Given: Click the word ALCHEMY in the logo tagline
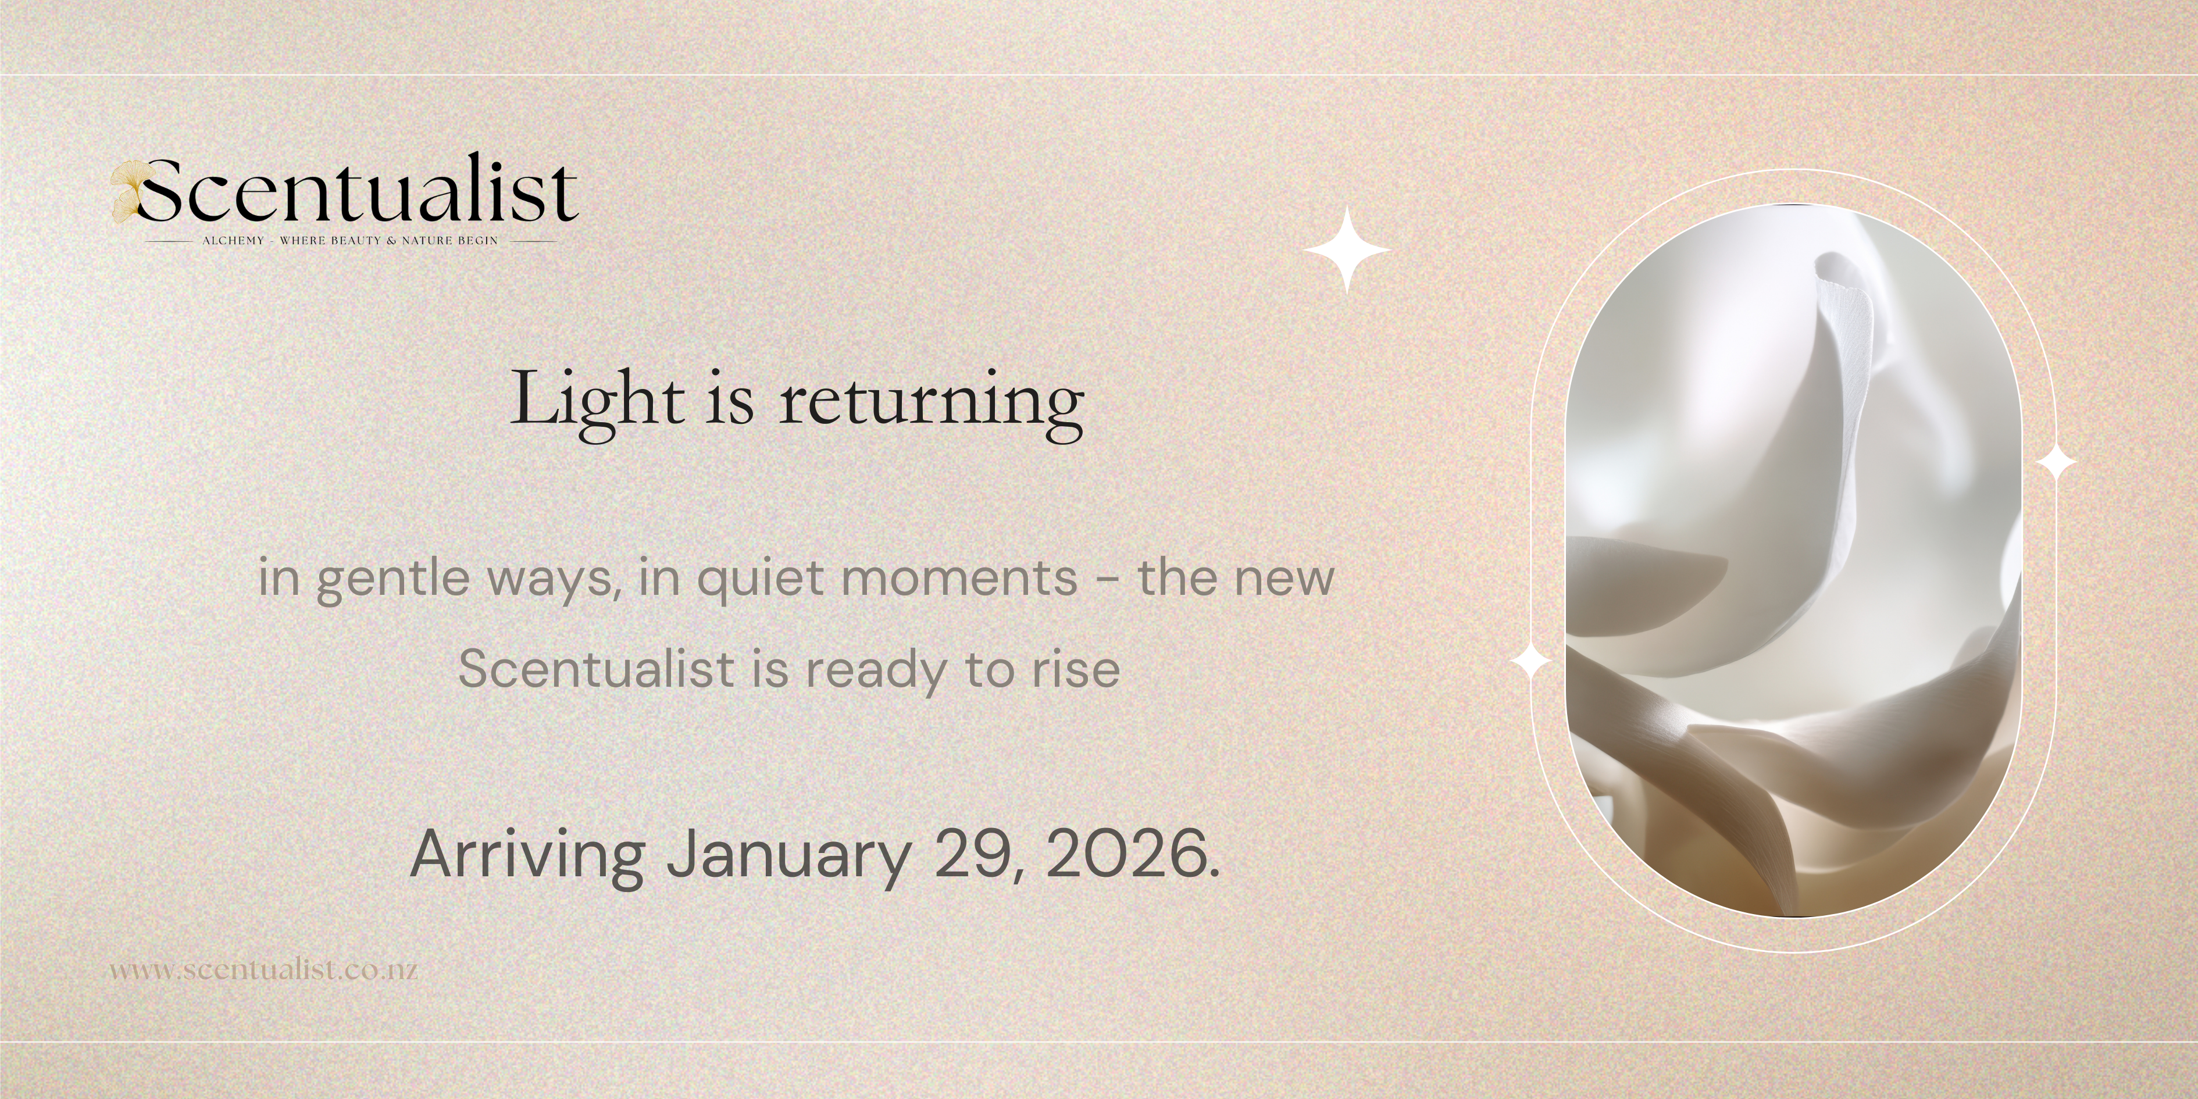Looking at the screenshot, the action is click(x=233, y=241).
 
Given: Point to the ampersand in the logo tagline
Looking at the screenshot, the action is click(x=392, y=241).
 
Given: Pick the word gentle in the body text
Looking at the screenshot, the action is click(x=393, y=579).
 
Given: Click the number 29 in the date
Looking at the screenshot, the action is click(x=968, y=854).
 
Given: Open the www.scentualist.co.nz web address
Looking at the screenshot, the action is click(x=263, y=970).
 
